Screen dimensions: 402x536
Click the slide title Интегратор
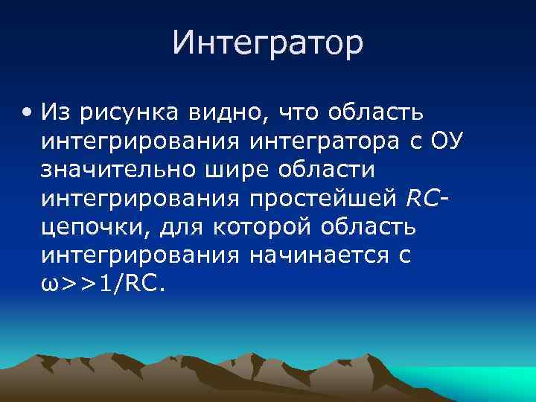click(268, 42)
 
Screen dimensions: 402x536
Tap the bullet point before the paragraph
click(28, 113)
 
